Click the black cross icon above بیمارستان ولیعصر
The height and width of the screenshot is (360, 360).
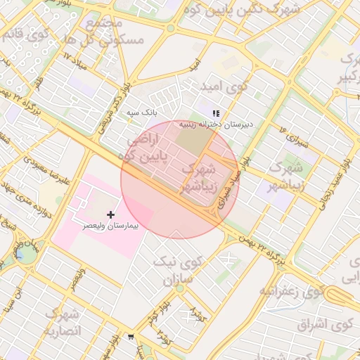click(110, 214)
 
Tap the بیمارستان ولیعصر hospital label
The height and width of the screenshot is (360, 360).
click(112, 226)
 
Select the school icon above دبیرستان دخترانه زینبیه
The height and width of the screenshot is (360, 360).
click(216, 112)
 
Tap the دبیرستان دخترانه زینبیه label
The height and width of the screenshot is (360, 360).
click(216, 124)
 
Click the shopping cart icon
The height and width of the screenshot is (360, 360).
click(131, 337)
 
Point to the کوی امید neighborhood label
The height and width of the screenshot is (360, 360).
click(224, 86)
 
